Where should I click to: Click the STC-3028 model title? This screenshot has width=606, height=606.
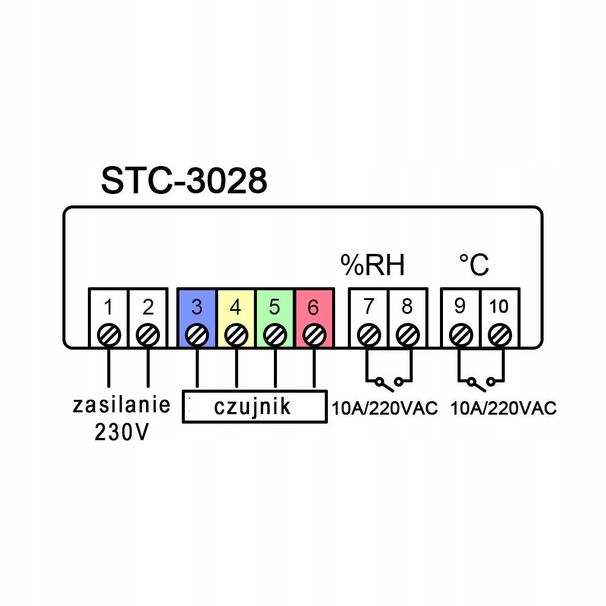tap(184, 180)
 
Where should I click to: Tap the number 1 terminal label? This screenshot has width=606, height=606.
tap(108, 307)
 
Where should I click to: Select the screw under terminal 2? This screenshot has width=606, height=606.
tap(148, 334)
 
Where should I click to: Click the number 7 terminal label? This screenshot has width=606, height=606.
tap(368, 307)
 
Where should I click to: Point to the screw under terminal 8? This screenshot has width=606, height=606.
tap(408, 334)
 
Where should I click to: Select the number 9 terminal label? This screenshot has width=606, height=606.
tap(460, 307)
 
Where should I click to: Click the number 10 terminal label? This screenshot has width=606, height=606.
tap(499, 307)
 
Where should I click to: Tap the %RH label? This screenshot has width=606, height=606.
tap(371, 265)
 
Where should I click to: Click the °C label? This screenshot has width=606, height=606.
tap(474, 265)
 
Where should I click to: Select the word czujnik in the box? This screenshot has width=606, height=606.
tap(252, 407)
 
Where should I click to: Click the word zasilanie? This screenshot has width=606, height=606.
tap(121, 405)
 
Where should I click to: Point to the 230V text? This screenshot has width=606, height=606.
tap(121, 432)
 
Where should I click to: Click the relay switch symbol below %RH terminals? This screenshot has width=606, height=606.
tap(388, 382)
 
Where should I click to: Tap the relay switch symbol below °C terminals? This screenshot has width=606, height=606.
tap(480, 382)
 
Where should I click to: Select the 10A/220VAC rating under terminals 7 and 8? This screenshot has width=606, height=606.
tap(384, 408)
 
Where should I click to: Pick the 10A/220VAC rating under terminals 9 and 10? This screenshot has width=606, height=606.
tap(503, 408)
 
